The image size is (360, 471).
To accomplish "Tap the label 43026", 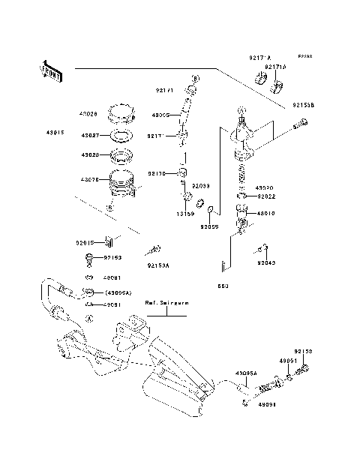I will (88, 114).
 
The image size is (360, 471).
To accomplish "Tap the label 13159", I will (185, 213).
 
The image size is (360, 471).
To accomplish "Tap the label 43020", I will (264, 188).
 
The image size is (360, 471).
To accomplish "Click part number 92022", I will (268, 196).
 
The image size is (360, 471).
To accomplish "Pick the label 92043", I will (266, 263).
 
